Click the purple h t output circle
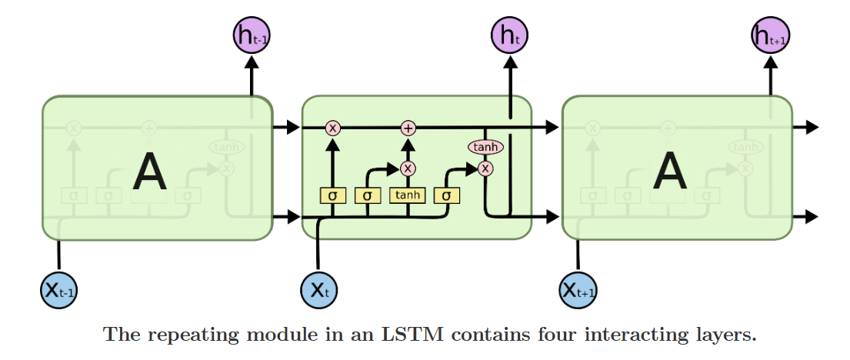508,35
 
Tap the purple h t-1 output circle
252,35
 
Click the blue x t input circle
318,290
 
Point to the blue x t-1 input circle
58,290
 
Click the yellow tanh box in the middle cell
408,195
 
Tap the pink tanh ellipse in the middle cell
485,147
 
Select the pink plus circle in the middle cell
408,128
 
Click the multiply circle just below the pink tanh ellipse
485,168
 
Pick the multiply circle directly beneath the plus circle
408,168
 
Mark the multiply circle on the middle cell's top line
332,128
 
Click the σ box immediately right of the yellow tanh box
447,195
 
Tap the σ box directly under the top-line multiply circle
332,195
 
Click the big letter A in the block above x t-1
149,172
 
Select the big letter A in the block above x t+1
669,172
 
